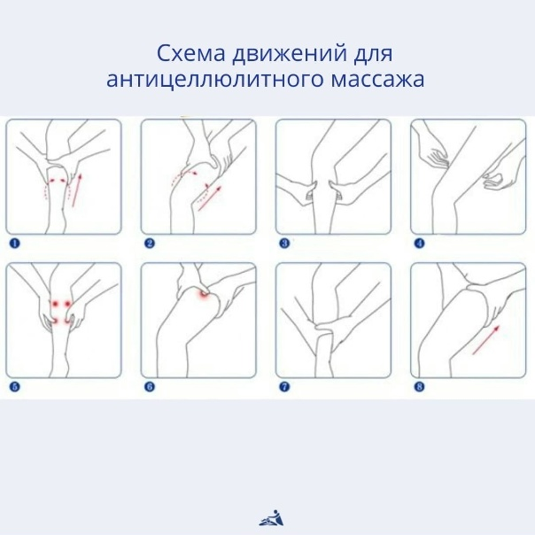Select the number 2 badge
coord(150,242)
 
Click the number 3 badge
coord(284,242)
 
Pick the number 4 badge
coord(419,242)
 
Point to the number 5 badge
coord(14,386)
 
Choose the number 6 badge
coord(150,386)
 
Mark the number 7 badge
coord(284,386)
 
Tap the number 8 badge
coord(419,386)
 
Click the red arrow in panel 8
coord(485,340)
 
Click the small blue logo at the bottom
coord(268,517)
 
